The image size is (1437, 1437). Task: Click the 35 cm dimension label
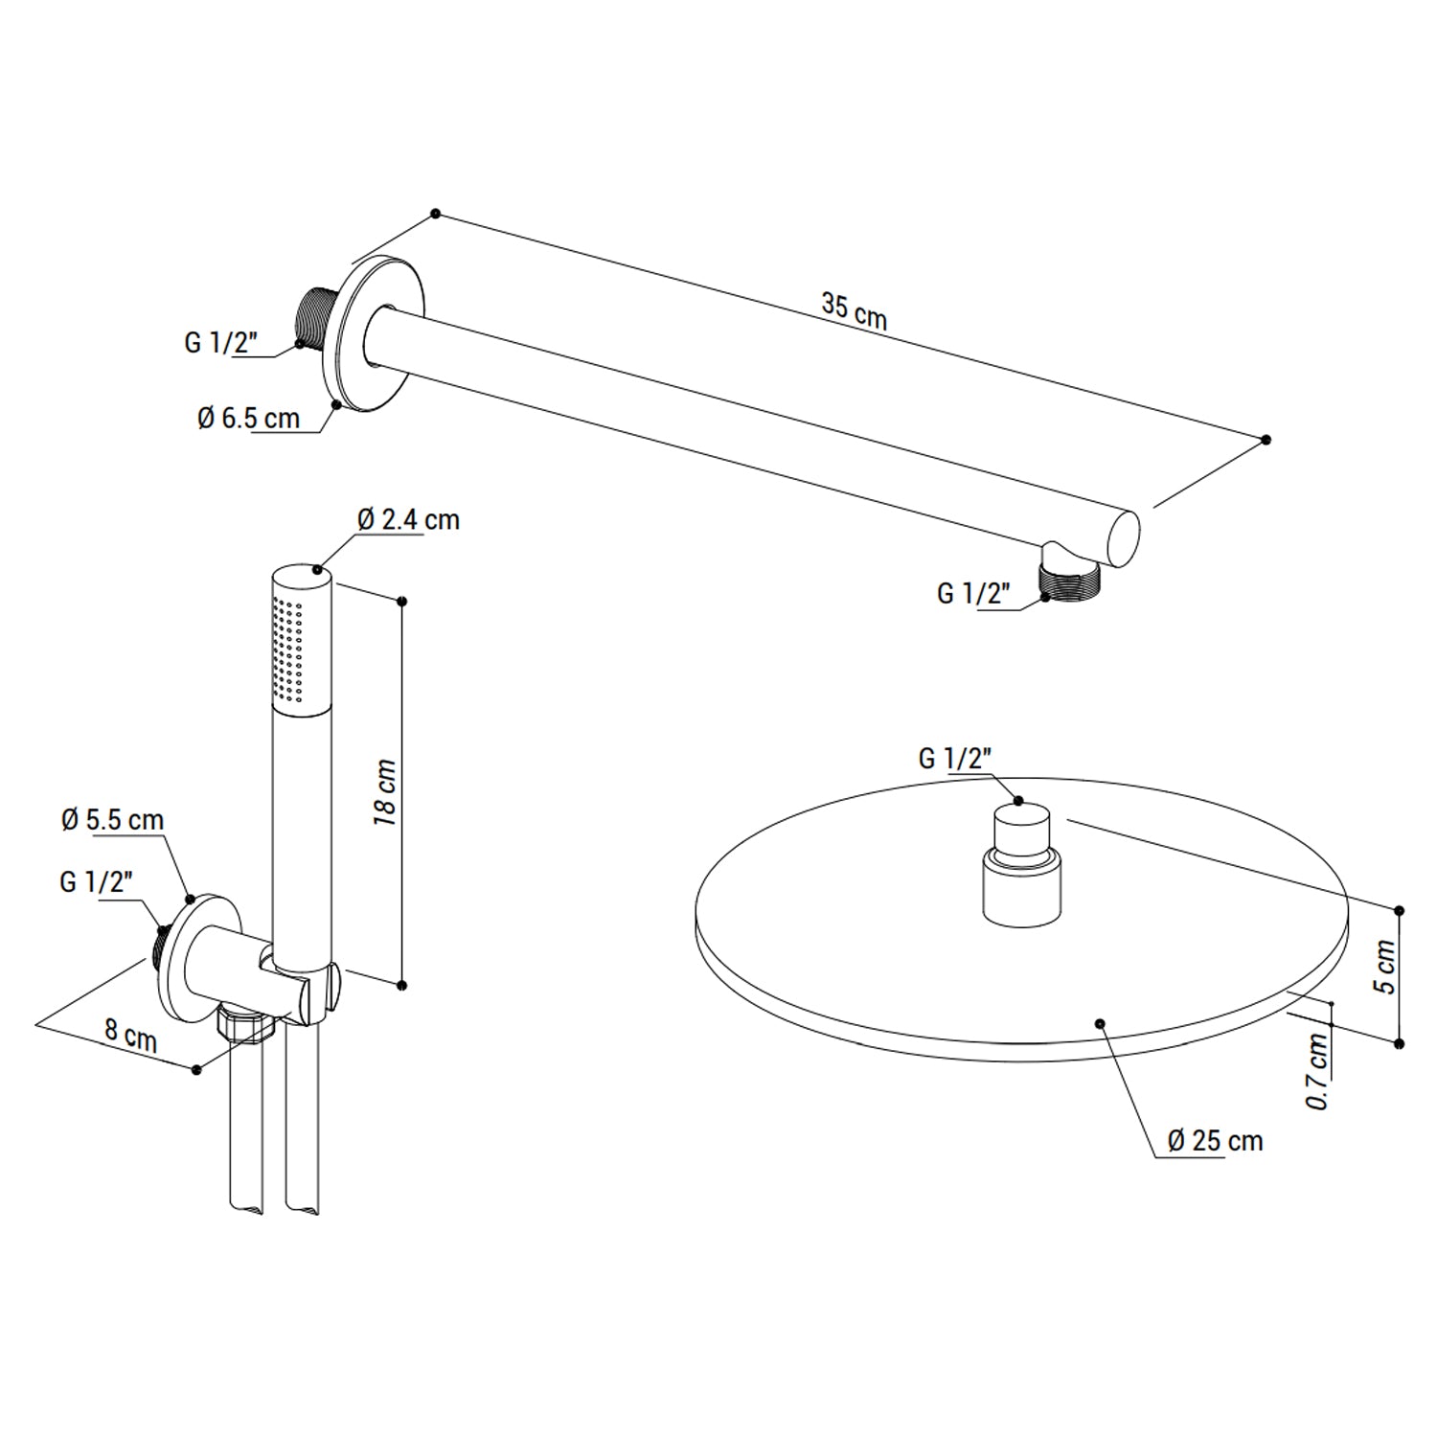coord(854,310)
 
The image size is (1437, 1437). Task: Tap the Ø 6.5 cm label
coord(248,419)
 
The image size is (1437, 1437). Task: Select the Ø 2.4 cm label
coord(408,520)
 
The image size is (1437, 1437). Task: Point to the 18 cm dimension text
coord(385,794)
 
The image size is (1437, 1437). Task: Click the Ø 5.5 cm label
coord(112,820)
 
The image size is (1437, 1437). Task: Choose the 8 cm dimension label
coord(130,1036)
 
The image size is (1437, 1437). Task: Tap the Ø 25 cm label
coord(1215,1140)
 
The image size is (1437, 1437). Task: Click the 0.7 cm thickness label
coord(1319,1070)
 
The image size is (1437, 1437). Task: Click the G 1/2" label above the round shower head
coord(954,759)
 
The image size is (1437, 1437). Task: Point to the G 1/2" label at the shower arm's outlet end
coord(973,594)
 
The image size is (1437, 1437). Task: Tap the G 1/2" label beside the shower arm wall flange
coord(220,342)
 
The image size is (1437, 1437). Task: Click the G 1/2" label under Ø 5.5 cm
coord(96,881)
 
